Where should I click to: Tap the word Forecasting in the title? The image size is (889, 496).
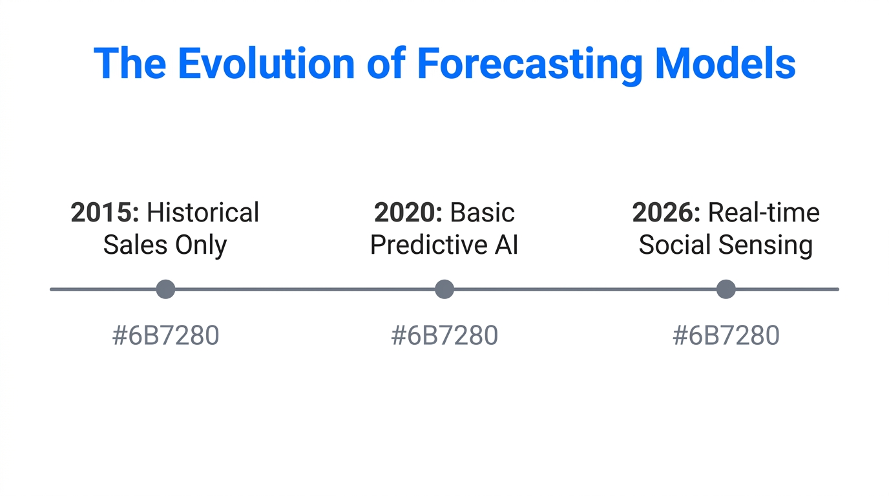[529, 63]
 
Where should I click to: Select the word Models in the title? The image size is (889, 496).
[724, 63]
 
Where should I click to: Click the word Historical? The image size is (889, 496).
[203, 212]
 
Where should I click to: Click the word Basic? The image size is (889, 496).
[483, 212]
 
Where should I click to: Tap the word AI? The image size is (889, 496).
[506, 245]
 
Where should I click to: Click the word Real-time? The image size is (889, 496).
[764, 212]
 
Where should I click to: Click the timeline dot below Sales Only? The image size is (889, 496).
[165, 289]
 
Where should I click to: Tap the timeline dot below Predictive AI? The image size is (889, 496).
[444, 289]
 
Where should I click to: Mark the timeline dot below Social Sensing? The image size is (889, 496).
[726, 289]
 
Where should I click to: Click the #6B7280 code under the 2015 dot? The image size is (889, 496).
[165, 336]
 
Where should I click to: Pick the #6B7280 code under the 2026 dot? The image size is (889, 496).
[726, 336]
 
